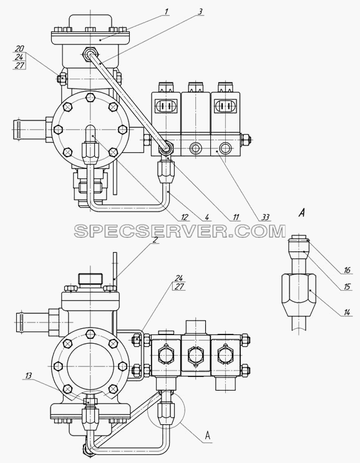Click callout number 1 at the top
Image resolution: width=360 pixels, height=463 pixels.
(x=167, y=12)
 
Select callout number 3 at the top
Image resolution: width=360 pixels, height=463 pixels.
(x=200, y=12)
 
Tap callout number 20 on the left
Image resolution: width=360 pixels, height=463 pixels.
(x=19, y=49)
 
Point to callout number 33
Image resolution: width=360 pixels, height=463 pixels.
(x=266, y=217)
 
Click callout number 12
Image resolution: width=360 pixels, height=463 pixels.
(x=185, y=217)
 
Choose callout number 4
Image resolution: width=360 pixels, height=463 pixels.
(x=207, y=217)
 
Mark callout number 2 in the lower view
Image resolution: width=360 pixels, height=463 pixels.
(x=154, y=240)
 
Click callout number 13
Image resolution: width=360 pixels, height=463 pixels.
(x=29, y=376)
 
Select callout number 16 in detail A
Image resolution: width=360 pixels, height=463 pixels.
(x=347, y=270)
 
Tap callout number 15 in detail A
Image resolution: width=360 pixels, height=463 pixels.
(x=347, y=286)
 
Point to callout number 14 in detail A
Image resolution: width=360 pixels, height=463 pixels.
(x=347, y=312)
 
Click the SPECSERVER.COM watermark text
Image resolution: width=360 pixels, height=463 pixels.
(x=180, y=231)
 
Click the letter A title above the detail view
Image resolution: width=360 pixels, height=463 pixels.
(x=301, y=212)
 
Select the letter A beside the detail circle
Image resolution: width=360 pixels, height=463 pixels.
(x=208, y=436)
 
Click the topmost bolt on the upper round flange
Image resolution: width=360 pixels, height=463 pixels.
(x=90, y=97)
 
